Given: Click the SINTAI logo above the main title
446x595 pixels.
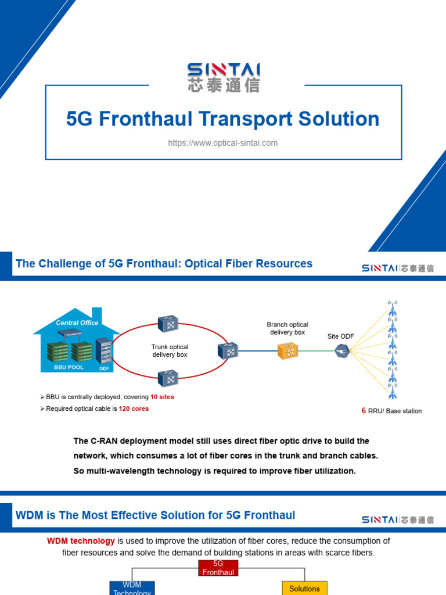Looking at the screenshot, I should pyautogui.click(x=223, y=77).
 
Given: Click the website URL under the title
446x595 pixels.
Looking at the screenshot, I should pyautogui.click(x=223, y=143).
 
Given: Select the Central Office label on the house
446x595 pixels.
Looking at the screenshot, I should pyautogui.click(x=77, y=322).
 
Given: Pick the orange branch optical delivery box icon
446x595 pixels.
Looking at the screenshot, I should pyautogui.click(x=287, y=350).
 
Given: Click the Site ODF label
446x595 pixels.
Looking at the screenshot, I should pyautogui.click(x=341, y=336).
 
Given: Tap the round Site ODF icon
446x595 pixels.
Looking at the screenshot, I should pyautogui.click(x=341, y=350).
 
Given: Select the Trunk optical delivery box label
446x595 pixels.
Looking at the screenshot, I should pyautogui.click(x=170, y=350).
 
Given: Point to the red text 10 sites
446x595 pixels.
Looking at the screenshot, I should pyautogui.click(x=162, y=397).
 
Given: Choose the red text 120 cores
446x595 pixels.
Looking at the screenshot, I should pyautogui.click(x=134, y=408).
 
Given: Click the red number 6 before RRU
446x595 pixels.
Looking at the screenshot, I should pyautogui.click(x=364, y=411).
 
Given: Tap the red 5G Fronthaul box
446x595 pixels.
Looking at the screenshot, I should pyautogui.click(x=218, y=568).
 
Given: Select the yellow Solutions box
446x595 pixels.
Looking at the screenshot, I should pyautogui.click(x=304, y=588).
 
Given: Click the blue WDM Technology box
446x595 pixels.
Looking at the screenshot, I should pyautogui.click(x=132, y=588).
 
